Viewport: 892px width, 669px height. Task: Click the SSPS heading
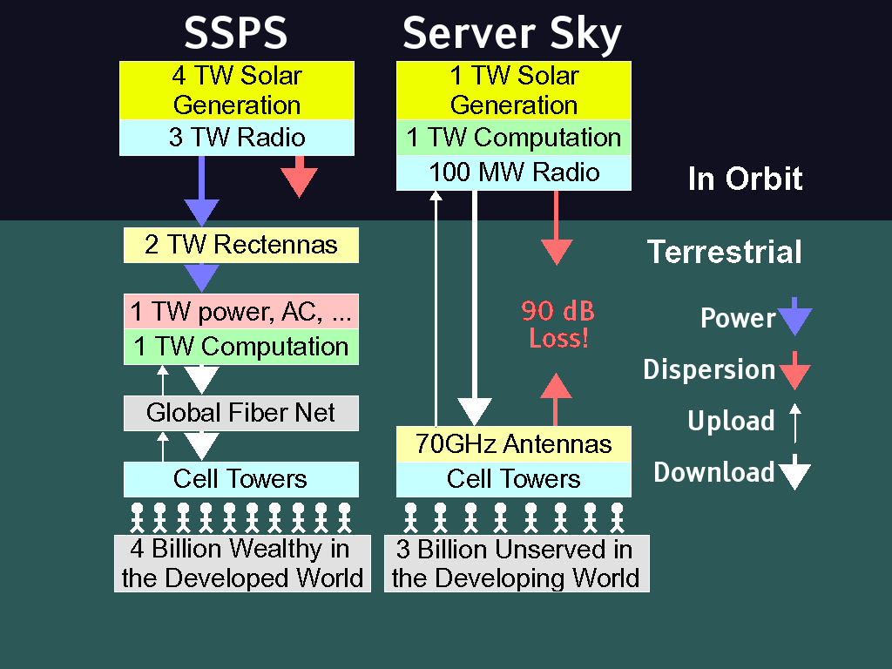[x=235, y=33]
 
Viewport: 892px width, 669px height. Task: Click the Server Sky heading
[x=512, y=33]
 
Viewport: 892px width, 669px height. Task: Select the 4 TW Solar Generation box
[x=236, y=91]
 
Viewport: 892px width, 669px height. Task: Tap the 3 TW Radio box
[x=236, y=138]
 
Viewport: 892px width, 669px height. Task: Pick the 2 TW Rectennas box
[x=240, y=245]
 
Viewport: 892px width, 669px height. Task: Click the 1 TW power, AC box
[x=240, y=312]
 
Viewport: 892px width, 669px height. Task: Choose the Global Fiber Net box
[x=240, y=412]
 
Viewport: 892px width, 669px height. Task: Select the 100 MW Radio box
[x=514, y=172]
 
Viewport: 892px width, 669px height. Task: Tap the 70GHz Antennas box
[x=514, y=444]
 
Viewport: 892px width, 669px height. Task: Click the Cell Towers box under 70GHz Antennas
[x=514, y=479]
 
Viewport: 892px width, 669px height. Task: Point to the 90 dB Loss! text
[x=558, y=324]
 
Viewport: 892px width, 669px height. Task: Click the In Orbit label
[x=745, y=179]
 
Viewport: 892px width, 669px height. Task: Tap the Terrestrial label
[x=725, y=252]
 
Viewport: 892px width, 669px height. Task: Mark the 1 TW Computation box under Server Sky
[x=514, y=138]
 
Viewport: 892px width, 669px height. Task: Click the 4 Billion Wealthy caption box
[x=242, y=563]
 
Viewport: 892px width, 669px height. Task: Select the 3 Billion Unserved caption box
[x=516, y=563]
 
